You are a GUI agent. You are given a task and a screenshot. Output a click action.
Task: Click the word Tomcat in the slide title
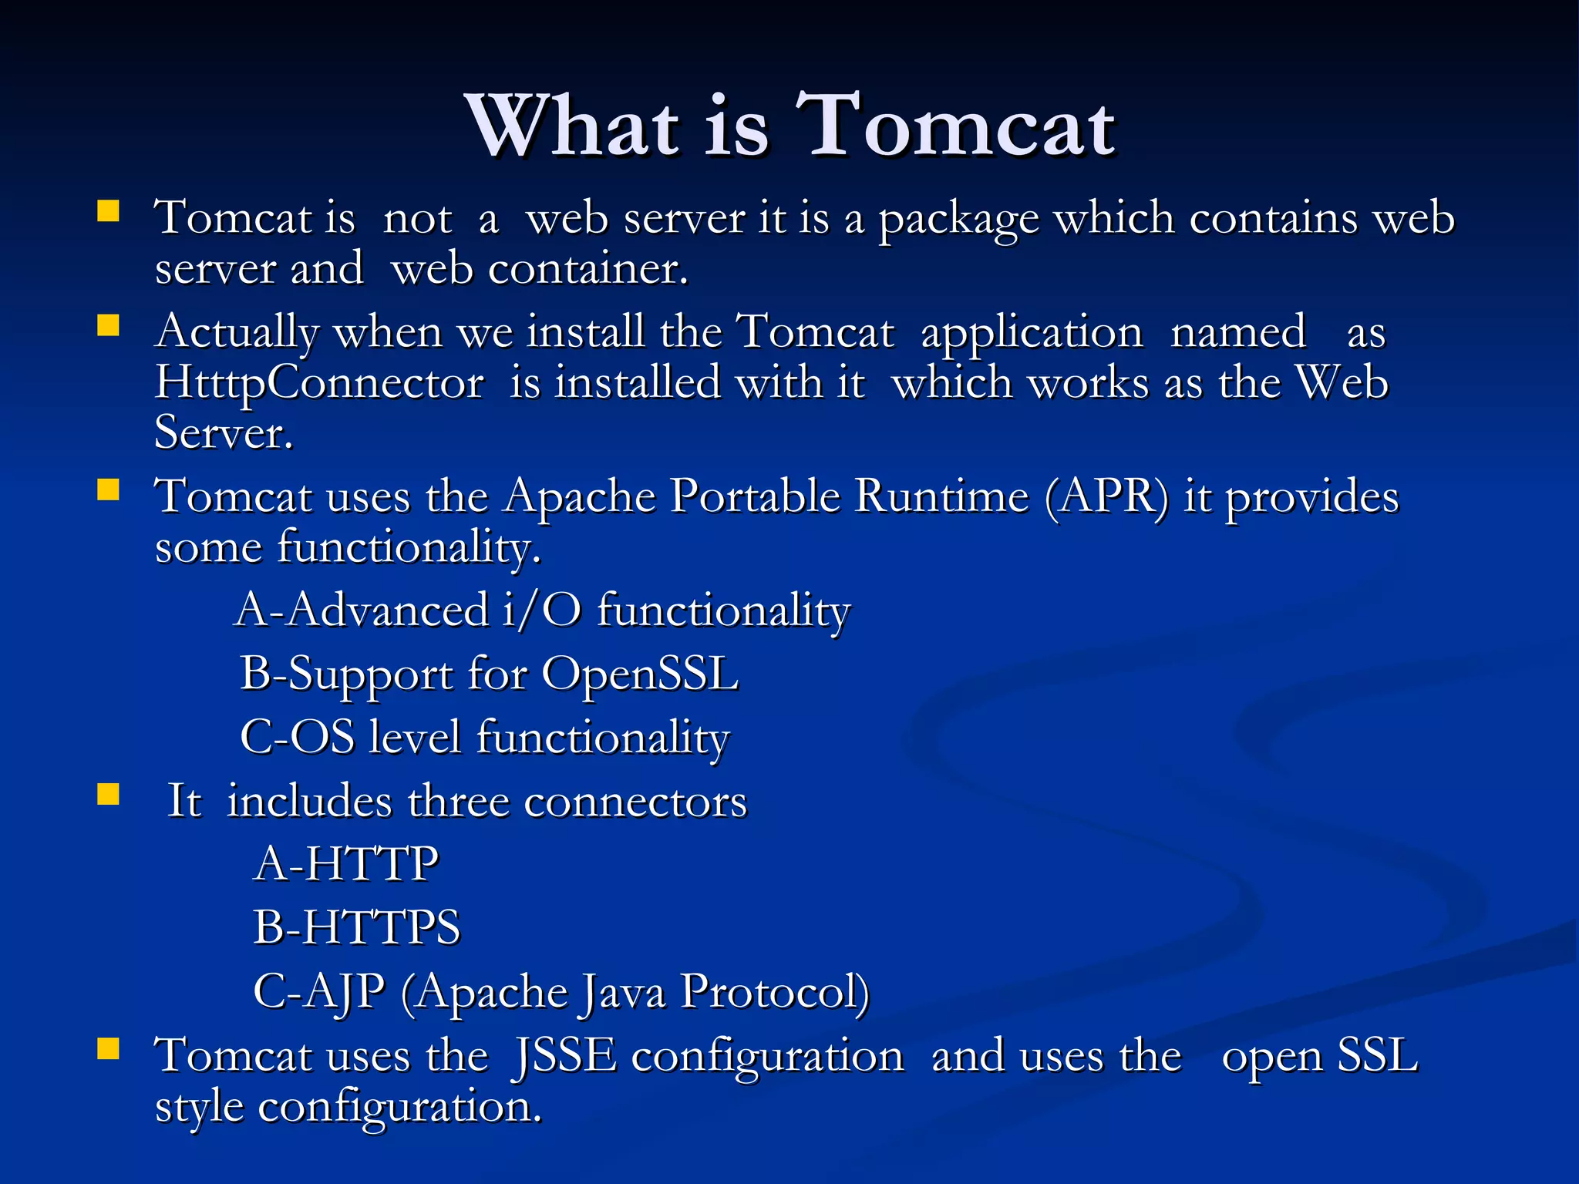pyautogui.click(x=956, y=126)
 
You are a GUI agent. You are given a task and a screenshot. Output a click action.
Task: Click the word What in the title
pyautogui.click(x=574, y=126)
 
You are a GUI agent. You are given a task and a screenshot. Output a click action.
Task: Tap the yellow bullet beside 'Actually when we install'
pyautogui.click(x=108, y=326)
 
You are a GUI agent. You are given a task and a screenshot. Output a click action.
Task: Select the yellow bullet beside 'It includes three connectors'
pyautogui.click(x=108, y=794)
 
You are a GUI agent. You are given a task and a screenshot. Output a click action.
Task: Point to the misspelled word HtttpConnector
pyautogui.click(x=319, y=383)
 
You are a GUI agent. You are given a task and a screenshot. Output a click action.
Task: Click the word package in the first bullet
pyautogui.click(x=959, y=219)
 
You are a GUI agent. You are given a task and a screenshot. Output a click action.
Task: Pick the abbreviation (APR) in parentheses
pyautogui.click(x=1107, y=496)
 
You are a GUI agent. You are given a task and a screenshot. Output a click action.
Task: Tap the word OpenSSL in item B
pyautogui.click(x=641, y=674)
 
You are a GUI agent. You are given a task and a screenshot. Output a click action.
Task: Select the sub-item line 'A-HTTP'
pyautogui.click(x=347, y=863)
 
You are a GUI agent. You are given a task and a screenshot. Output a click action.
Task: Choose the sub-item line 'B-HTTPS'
pyautogui.click(x=357, y=927)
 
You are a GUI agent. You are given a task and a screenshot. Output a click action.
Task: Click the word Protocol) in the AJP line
pyautogui.click(x=775, y=991)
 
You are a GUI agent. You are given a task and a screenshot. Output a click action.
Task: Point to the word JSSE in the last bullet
pyautogui.click(x=565, y=1055)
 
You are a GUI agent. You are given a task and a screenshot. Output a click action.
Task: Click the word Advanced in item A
pyautogui.click(x=389, y=610)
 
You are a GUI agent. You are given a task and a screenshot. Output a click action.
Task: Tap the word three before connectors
pyautogui.click(x=458, y=801)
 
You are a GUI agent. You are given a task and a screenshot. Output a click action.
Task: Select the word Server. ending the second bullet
pyautogui.click(x=224, y=433)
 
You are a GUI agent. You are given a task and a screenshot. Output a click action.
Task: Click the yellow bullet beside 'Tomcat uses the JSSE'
pyautogui.click(x=108, y=1048)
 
